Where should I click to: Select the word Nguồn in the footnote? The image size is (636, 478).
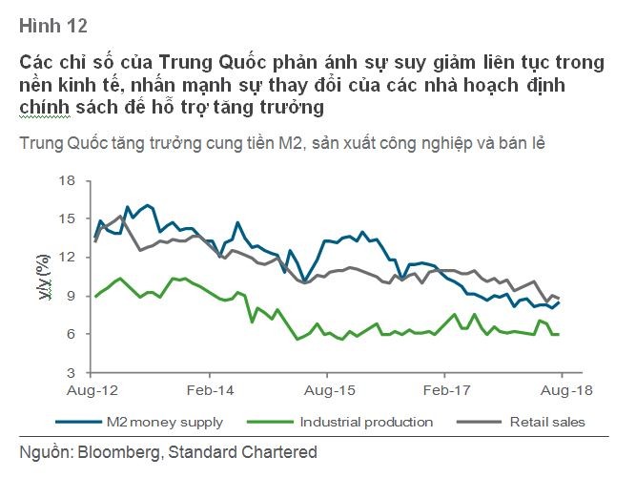44,452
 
